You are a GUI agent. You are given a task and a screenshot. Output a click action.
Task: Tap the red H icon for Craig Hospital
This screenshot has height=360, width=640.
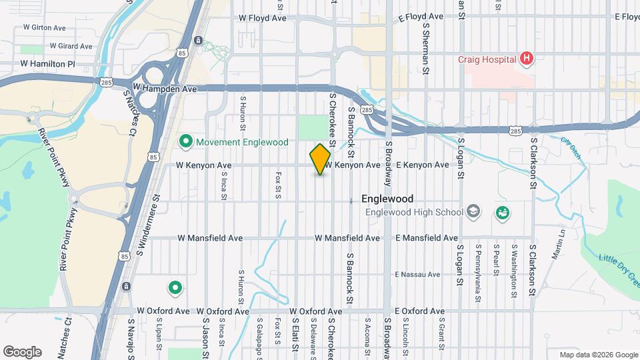[527, 59]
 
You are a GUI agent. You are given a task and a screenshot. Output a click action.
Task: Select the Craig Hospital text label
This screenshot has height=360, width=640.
[487, 59]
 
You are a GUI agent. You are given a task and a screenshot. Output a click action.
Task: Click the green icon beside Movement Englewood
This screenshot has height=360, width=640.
[186, 142]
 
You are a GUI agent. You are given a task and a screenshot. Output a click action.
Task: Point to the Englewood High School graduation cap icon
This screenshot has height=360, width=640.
[473, 212]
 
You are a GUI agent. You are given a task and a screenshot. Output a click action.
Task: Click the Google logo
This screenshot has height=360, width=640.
[22, 351]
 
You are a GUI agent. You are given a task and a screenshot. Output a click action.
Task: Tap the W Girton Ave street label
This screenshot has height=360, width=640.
[44, 28]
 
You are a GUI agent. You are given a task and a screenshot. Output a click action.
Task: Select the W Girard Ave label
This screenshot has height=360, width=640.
[70, 47]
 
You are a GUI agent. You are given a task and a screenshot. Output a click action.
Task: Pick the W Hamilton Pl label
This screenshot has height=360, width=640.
[47, 63]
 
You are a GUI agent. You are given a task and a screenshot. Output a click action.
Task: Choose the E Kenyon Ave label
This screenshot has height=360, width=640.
[422, 165]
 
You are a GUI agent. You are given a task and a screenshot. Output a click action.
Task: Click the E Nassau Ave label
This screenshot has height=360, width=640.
[417, 274]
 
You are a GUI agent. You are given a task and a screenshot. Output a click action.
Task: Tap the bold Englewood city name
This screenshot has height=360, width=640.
[387, 199]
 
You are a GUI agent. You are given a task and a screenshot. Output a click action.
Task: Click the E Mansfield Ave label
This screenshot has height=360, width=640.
[427, 238]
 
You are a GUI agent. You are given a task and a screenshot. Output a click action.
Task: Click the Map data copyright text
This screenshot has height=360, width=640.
[598, 355]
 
